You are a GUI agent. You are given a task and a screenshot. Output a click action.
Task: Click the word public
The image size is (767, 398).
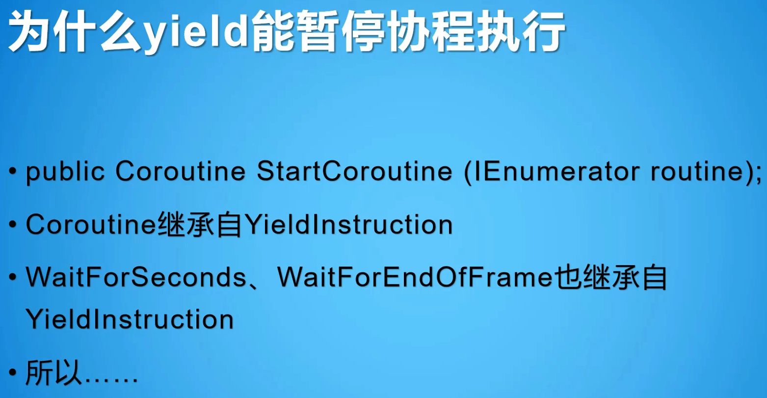click(x=65, y=172)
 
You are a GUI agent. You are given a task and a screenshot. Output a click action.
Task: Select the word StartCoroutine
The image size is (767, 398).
click(x=354, y=171)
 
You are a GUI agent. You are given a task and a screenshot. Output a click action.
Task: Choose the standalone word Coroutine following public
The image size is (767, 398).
click(x=181, y=171)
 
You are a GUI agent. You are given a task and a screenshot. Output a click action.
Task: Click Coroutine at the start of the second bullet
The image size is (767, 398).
click(x=91, y=225)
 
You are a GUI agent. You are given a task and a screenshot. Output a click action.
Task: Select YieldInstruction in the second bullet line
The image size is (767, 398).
click(x=348, y=225)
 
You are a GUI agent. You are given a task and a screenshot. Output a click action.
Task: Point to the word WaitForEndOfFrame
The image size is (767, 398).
click(x=415, y=278)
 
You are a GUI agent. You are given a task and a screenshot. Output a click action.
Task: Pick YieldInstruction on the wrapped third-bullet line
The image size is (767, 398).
click(x=130, y=320)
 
